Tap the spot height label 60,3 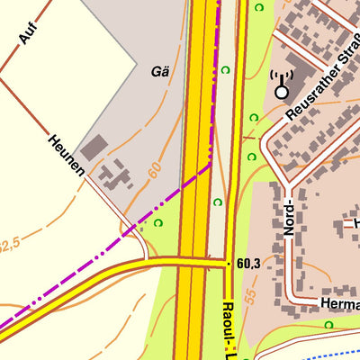pos(249,264)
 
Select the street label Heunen pos(67,156)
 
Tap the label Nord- pos(289,217)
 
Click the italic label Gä pos(161,70)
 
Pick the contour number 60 pos(155,169)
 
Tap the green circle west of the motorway pos(158,222)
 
